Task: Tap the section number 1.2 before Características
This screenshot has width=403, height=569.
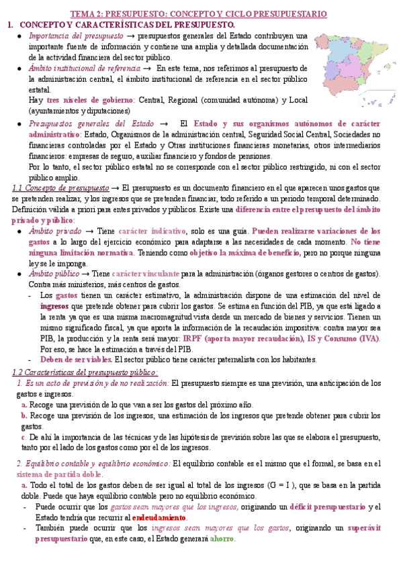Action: (x=19, y=372)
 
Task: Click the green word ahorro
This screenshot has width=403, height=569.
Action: (x=222, y=539)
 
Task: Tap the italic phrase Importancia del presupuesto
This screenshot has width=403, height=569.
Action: (x=76, y=36)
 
